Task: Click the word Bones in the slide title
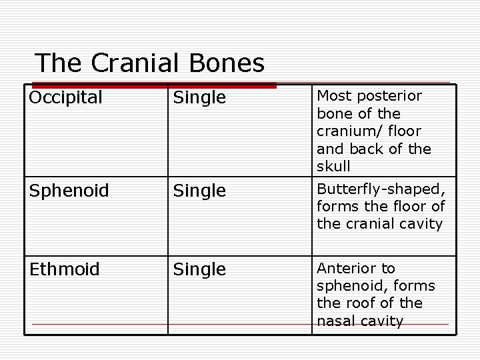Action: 227,63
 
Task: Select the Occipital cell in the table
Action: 65,97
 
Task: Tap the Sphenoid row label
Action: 69,191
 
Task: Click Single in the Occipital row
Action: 199,98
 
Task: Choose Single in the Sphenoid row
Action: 199,191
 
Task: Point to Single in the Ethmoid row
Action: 199,270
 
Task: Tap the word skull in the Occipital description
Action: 333,166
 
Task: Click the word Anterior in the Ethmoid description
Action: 346,268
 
